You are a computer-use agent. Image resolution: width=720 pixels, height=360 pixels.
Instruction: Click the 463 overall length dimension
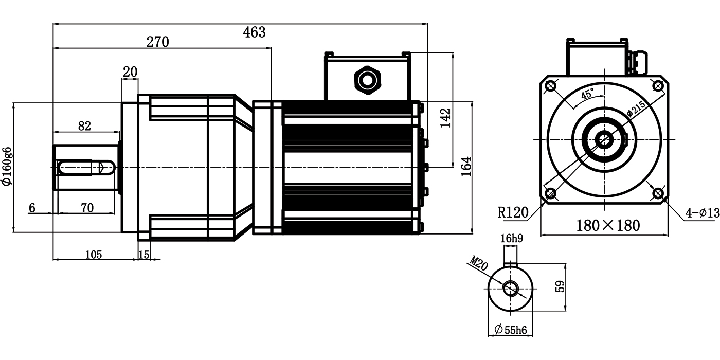254,32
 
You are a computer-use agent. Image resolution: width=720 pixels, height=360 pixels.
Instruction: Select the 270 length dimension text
157,42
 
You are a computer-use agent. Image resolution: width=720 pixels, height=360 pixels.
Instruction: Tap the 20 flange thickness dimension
130,71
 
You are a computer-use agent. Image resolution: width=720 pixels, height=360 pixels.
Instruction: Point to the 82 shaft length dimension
84,125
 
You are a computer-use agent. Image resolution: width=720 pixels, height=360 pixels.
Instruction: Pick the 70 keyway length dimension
87,208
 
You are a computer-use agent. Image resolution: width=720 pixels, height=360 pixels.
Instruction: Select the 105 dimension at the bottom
93,254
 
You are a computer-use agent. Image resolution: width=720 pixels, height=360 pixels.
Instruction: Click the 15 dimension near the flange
144,254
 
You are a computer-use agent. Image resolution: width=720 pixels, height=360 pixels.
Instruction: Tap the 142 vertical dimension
445,117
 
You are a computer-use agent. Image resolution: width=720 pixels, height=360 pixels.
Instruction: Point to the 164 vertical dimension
466,167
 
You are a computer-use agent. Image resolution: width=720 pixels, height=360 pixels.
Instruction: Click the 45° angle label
587,94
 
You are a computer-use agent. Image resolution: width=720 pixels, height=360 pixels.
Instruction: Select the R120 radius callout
513,212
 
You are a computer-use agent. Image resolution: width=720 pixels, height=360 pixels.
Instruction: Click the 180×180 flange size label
607,225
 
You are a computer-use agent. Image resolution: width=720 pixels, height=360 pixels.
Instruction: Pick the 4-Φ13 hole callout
703,213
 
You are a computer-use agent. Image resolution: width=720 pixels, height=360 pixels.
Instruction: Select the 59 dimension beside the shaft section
561,286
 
